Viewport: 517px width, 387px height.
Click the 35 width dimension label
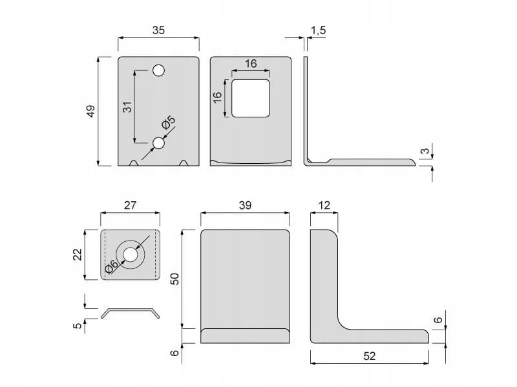point(158,30)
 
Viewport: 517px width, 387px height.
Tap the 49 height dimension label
point(90,111)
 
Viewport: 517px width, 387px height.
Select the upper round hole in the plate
point(158,70)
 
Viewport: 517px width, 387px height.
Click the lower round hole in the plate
point(158,143)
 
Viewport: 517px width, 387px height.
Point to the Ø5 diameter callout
point(169,123)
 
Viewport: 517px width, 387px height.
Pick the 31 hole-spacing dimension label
point(127,107)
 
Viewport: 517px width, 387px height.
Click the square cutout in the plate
point(251,98)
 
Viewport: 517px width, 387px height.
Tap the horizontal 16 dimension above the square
point(251,63)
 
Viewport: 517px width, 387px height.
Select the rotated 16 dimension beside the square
point(217,97)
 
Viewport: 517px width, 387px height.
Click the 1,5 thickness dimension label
point(318,30)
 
